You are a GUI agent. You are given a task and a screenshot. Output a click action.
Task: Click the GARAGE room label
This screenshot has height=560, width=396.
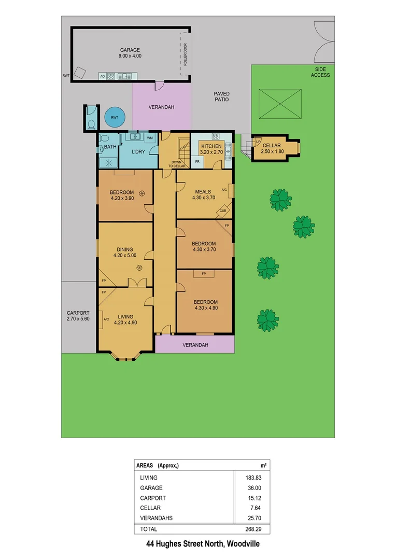(x=130, y=50)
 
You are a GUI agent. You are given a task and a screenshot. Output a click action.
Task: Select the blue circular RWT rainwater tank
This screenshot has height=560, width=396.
(x=114, y=118)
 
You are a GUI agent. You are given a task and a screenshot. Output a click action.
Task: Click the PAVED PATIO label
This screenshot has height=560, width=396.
(x=221, y=96)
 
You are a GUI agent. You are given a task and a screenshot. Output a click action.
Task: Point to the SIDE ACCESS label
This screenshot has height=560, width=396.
(x=320, y=72)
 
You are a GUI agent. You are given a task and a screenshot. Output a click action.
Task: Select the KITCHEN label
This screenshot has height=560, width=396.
(x=211, y=146)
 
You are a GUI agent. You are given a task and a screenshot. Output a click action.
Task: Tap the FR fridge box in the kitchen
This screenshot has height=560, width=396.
(x=197, y=161)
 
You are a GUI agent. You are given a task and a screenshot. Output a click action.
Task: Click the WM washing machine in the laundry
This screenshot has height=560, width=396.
(x=149, y=138)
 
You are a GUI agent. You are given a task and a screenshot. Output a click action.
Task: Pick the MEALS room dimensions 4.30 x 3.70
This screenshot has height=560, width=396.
(x=204, y=198)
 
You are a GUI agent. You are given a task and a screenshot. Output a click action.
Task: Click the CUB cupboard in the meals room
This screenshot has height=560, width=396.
(x=223, y=211)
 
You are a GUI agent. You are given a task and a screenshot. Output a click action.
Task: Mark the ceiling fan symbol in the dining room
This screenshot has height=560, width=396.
(x=139, y=268)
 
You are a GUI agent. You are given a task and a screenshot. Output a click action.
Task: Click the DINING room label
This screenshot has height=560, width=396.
(x=124, y=249)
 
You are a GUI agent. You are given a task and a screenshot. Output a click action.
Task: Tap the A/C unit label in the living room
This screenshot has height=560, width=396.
(x=106, y=319)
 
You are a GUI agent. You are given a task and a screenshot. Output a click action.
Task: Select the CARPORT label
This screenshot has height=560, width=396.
(x=78, y=313)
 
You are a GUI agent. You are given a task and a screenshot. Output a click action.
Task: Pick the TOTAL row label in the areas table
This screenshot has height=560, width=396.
(x=148, y=529)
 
